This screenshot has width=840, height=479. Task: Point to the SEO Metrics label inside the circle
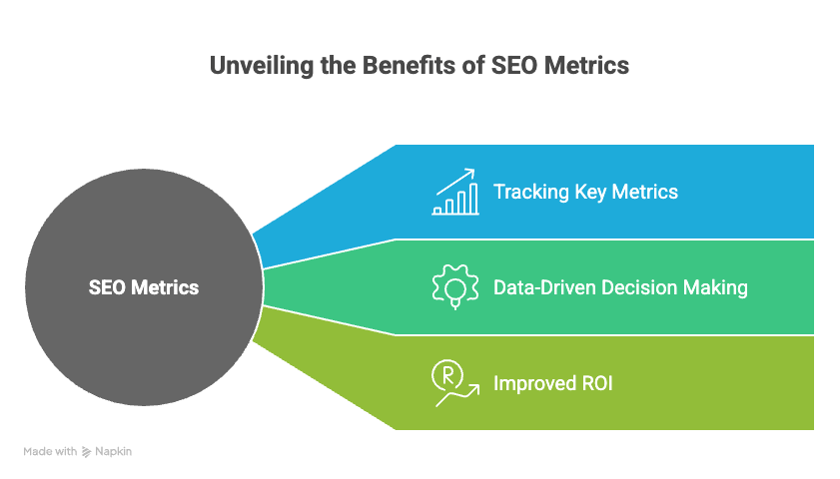144,287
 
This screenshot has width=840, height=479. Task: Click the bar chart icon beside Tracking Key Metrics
455,192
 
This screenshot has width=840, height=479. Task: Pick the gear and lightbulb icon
455,286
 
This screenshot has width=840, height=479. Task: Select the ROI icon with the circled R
455,383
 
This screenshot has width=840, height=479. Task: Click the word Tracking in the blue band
531,193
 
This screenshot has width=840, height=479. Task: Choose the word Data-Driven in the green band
544,287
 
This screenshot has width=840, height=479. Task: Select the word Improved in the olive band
534,384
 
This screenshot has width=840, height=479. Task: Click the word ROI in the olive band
597,383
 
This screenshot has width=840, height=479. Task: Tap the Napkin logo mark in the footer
86,452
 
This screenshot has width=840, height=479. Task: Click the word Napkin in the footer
113,452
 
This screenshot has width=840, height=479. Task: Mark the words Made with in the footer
50,452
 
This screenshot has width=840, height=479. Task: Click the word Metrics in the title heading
586,65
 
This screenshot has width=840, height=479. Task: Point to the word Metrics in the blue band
645,192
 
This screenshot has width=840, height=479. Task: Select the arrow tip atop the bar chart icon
474,171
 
